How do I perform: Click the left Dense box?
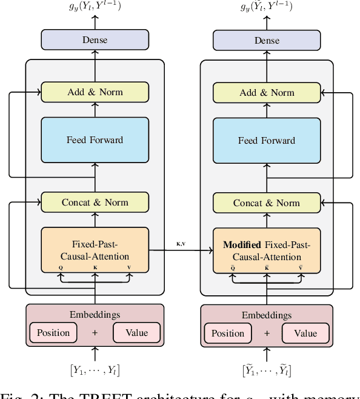coord(95,40)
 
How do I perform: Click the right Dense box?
coord(266,40)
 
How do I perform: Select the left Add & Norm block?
coord(95,92)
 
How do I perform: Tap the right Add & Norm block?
coord(266,92)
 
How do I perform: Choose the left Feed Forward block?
coord(95,140)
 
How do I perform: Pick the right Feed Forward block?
coord(266,140)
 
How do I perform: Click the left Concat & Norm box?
coord(95,203)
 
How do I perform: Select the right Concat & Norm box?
coord(266,203)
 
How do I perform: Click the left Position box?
coord(53,333)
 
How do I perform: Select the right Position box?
coord(228,333)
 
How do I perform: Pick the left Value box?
coord(136,333)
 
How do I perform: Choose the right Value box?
coord(305,333)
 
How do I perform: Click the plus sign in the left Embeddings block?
coord(95,333)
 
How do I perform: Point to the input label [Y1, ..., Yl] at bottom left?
coord(95,370)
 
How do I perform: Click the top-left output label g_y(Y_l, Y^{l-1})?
coord(95,8)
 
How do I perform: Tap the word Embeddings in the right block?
coord(266,315)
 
